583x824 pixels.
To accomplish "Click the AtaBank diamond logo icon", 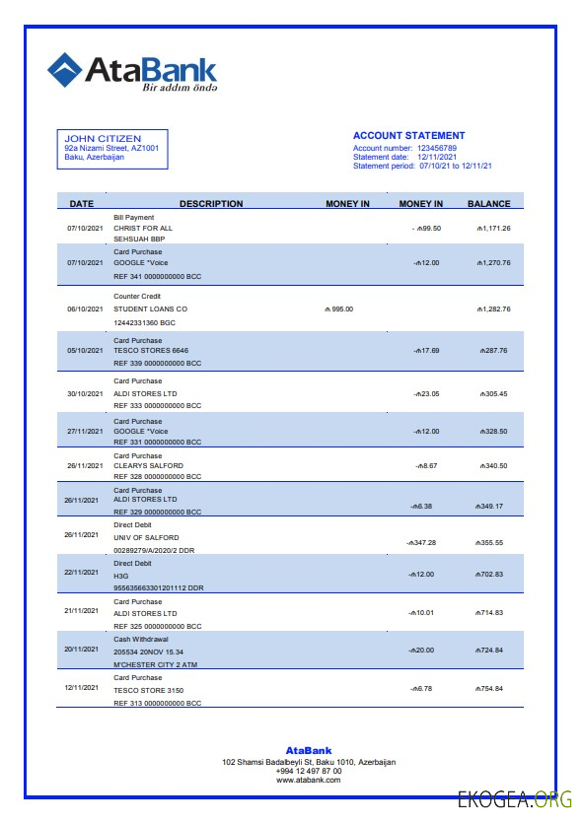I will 65,69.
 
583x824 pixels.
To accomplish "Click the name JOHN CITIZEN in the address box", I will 103,138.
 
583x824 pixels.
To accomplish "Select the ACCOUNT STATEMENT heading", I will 408,136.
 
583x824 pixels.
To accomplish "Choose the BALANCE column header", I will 488,204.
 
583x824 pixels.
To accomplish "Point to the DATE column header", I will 82,204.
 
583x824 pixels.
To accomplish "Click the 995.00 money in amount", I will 341,309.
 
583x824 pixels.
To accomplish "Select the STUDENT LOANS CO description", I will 150,309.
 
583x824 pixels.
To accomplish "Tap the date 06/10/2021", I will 85,309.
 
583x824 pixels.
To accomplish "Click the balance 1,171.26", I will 492,228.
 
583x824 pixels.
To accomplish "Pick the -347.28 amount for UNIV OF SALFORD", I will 421,542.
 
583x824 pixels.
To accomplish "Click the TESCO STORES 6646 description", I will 151,350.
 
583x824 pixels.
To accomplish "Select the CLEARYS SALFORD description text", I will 148,465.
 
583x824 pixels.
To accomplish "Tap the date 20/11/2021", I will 83,650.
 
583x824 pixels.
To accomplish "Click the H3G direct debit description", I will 121,574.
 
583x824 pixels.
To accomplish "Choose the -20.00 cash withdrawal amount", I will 423,650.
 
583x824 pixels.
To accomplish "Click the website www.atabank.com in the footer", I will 309,780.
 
